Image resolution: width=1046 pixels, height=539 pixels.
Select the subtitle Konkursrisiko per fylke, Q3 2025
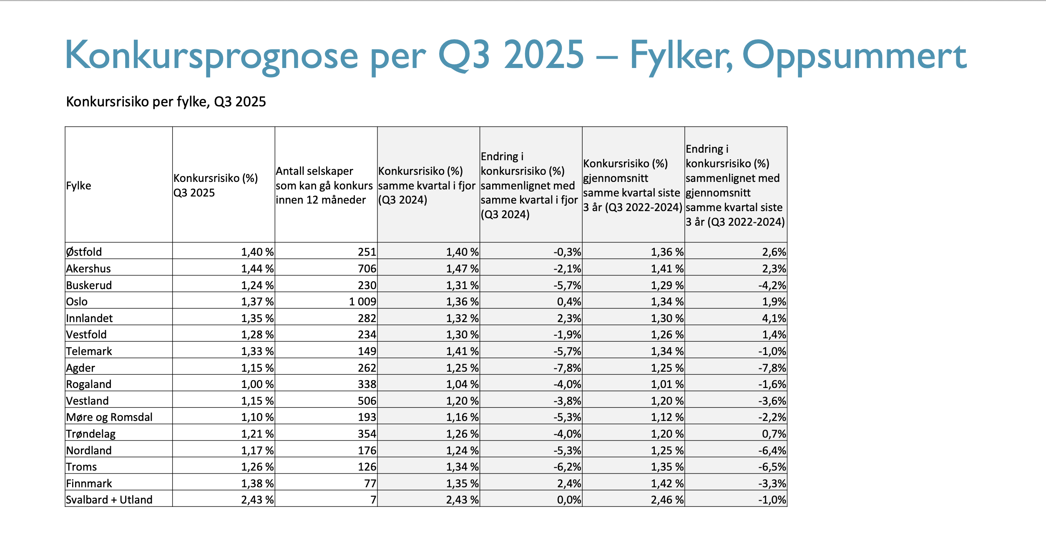(166, 102)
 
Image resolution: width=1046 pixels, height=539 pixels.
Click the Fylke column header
(78, 186)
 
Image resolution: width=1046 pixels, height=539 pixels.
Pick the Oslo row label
(77, 302)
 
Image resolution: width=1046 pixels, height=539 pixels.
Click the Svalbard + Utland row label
(109, 500)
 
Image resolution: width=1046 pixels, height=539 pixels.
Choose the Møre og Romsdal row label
(109, 417)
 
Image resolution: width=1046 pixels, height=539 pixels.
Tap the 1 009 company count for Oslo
(362, 302)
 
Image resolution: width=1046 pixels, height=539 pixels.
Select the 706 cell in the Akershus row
(367, 269)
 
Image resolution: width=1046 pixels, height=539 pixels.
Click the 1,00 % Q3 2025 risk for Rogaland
(257, 384)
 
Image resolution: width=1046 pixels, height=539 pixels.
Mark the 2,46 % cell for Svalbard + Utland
(667, 500)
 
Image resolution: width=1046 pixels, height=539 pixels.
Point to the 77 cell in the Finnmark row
(370, 484)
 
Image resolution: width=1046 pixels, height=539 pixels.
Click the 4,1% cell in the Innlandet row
(774, 318)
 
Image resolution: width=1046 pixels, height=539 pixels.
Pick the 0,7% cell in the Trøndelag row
(774, 434)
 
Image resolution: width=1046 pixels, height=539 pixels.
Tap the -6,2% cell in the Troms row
(567, 467)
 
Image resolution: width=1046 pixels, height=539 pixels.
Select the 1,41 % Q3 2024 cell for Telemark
(463, 351)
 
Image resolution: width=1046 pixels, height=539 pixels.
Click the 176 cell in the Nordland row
(367, 451)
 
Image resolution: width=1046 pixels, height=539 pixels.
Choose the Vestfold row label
(86, 335)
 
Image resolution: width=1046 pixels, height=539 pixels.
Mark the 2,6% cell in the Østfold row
(774, 252)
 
